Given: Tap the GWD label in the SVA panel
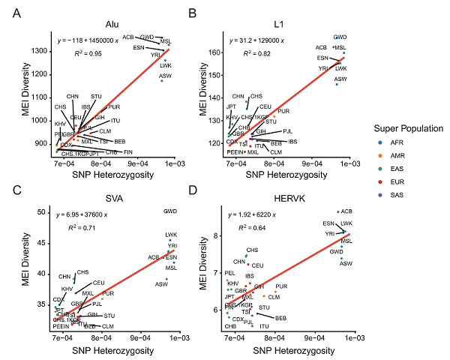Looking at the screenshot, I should point(171,212).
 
